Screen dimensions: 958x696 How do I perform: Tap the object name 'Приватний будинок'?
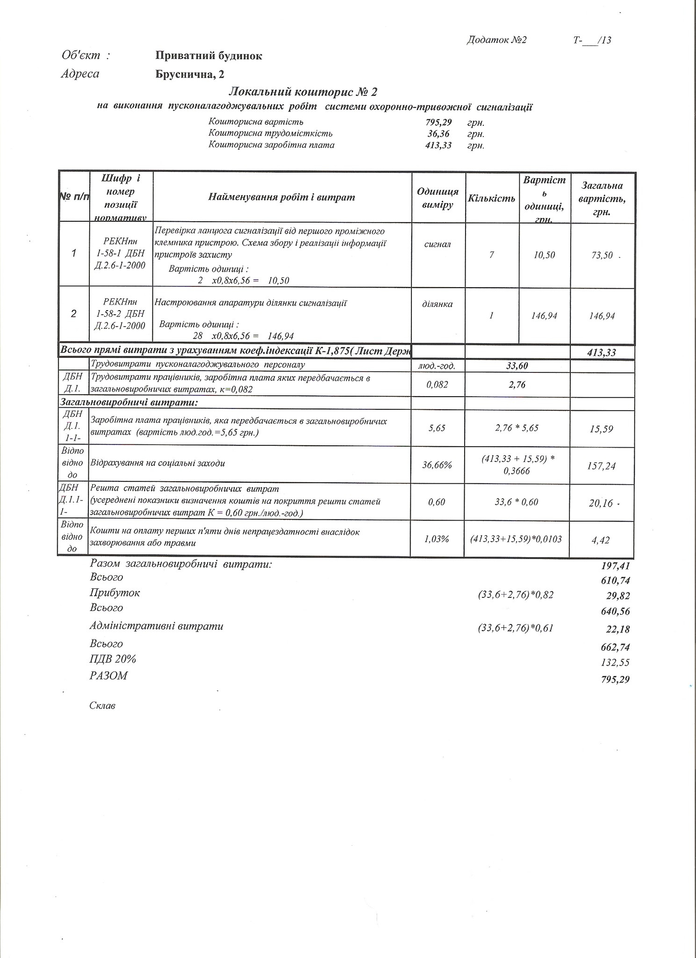[x=208, y=56]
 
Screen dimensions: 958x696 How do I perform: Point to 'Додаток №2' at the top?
[x=496, y=40]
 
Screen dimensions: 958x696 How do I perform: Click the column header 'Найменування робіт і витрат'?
[x=281, y=197]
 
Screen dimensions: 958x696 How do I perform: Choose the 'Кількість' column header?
[x=491, y=198]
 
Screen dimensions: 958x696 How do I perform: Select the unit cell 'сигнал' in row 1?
[x=438, y=244]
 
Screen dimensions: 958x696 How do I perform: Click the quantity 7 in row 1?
[x=491, y=255]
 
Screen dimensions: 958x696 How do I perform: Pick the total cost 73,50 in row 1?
[x=602, y=255]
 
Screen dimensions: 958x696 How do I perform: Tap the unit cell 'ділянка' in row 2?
[x=438, y=304]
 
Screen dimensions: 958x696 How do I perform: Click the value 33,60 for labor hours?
[x=517, y=366]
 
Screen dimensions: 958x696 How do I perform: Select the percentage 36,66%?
[x=438, y=465]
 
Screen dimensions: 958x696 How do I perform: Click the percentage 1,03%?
[x=437, y=539]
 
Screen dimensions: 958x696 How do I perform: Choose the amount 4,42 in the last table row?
[x=601, y=540]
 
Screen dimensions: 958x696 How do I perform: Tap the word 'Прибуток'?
[x=115, y=593]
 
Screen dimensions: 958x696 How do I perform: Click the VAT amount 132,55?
[x=616, y=662]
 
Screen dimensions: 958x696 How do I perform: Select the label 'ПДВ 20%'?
[x=113, y=660]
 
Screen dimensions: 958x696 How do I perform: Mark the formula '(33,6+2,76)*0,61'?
[x=515, y=628]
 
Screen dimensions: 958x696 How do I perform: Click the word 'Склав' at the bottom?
[x=102, y=706]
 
